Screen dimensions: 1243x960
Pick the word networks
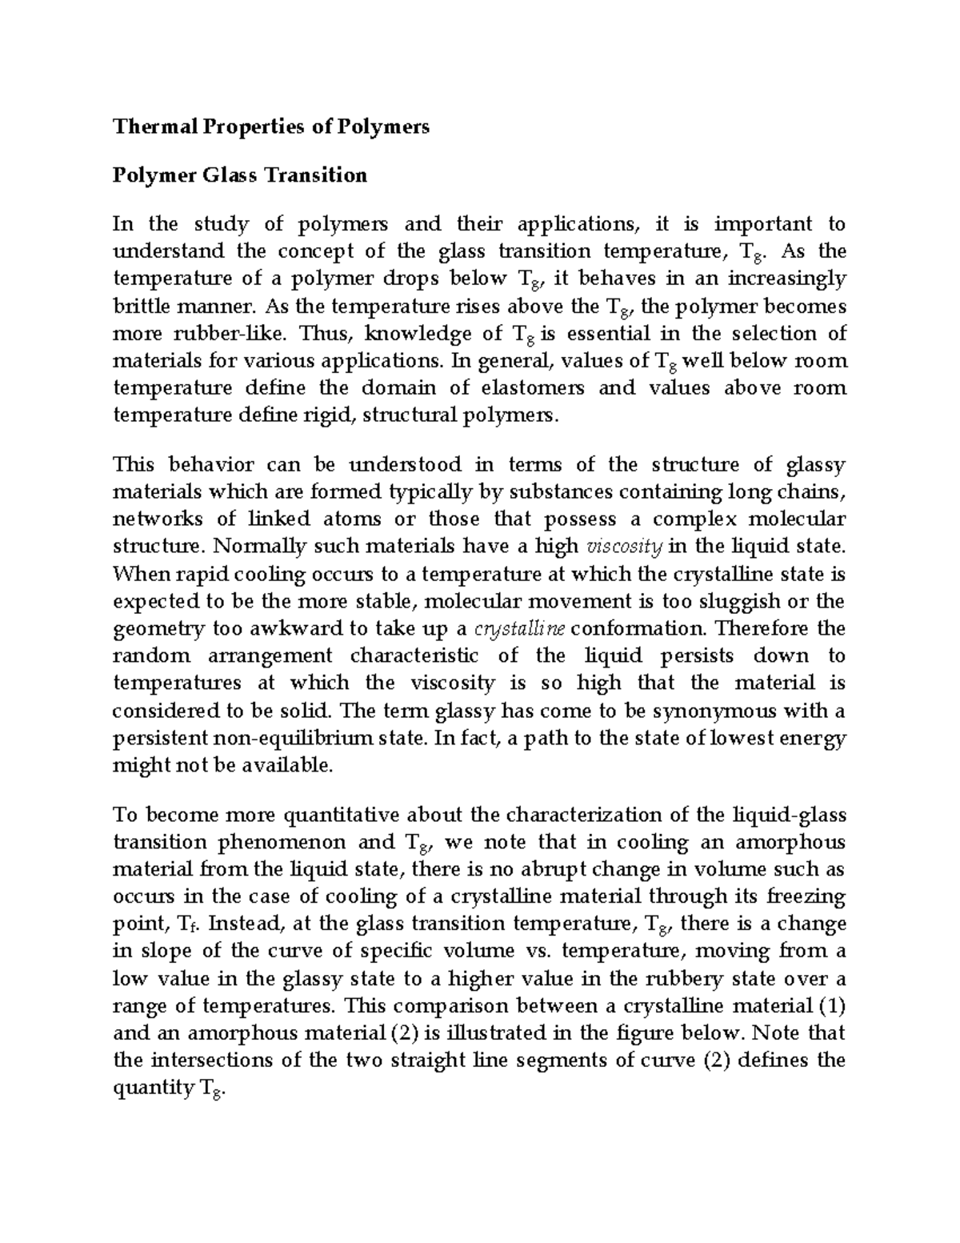(x=158, y=519)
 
